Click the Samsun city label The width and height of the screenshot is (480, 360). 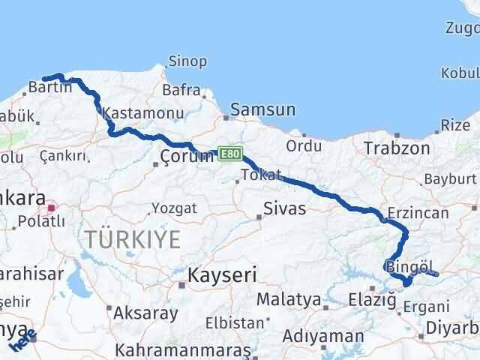click(x=263, y=110)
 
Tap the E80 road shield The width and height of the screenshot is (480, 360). click(x=230, y=152)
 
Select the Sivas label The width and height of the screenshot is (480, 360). click(x=285, y=208)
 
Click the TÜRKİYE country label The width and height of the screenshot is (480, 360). click(x=132, y=239)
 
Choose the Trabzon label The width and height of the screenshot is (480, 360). click(x=397, y=148)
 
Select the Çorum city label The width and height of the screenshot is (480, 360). click(x=184, y=156)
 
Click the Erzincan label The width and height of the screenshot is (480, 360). click(x=418, y=213)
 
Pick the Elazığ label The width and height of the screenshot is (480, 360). click(x=372, y=300)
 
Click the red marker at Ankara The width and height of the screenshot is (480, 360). click(x=52, y=208)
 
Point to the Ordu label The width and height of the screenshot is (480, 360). click(x=309, y=145)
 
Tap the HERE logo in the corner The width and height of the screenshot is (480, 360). click(x=22, y=342)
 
